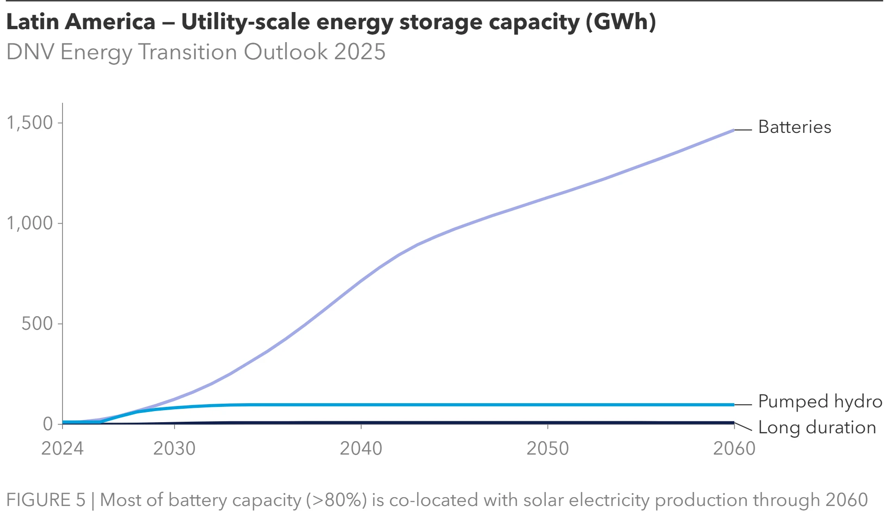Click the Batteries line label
pos(794,127)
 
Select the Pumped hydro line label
pos(820,401)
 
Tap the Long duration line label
pos(817,427)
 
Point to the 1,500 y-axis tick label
pos(30,123)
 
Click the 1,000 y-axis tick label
pos(30,223)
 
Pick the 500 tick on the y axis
pos(37,323)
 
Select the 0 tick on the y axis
pos(48,424)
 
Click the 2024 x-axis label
pos(62,448)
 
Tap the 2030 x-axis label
pos(174,448)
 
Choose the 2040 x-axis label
pos(361,448)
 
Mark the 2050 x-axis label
pos(547,448)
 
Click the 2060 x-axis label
pos(734,448)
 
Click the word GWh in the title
pos(620,22)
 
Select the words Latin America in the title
pos(81,22)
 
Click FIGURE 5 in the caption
pos(46,500)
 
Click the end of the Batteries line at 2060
pos(733,130)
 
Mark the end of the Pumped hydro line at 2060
pos(733,405)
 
